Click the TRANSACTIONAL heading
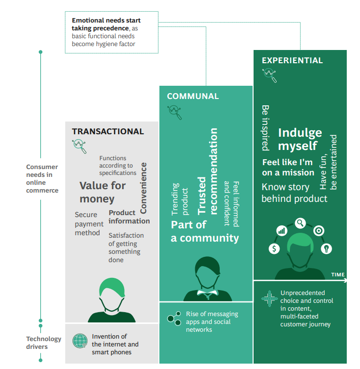coord(108,131)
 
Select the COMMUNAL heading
coord(193,96)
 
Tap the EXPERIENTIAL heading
coord(292,61)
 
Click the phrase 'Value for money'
coord(102,192)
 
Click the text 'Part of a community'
coord(205,232)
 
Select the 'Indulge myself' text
coord(300,139)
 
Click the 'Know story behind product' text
coord(294,193)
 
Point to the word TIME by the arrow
coord(337,274)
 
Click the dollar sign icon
coord(274,248)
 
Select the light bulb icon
coord(326,248)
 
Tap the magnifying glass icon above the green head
coord(300,223)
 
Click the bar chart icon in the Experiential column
coord(282,230)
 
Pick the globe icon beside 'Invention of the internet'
coord(79,340)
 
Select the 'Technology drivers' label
coord(44,343)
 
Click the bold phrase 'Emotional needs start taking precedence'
coord(106,25)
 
